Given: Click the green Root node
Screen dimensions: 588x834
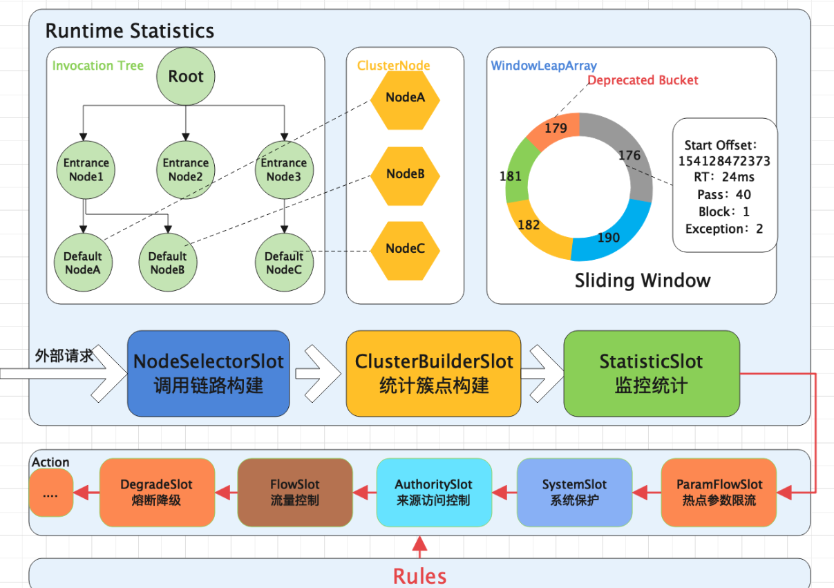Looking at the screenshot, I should pos(186,76).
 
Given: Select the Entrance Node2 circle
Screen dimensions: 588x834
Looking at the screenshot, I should pos(185,169).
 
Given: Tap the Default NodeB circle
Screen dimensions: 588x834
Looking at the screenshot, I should pos(167,263).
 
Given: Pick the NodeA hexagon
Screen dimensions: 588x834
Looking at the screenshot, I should pos(405,97).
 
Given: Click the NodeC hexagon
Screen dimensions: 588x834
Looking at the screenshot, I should pos(405,249).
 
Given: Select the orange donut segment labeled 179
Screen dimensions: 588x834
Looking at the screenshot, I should pos(555,129).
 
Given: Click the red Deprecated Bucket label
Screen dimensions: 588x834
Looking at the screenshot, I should pos(643,80).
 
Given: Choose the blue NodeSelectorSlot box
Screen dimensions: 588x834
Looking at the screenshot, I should pos(208,373).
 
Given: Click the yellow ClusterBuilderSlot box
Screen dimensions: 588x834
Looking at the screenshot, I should pos(433,373).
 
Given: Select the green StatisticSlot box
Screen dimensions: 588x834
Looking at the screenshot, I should pos(651,373).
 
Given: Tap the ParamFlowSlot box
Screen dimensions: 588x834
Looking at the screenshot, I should pos(719,492).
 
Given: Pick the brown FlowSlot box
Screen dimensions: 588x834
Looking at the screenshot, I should pos(295,492).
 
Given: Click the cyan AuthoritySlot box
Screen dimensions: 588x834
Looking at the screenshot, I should pos(434,492).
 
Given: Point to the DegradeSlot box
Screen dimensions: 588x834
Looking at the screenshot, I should pos(157,492).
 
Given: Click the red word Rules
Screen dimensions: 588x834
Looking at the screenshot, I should pos(419,576).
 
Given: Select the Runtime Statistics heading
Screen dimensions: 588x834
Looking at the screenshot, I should pos(130,31).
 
